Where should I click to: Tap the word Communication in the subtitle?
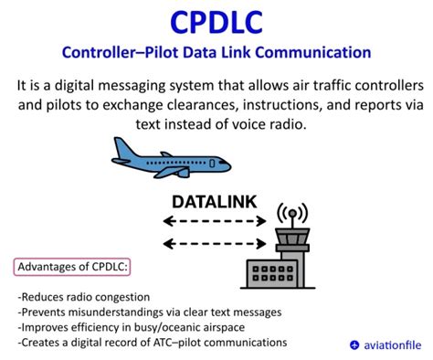pyautogui.click(x=316, y=53)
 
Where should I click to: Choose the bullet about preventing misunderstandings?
pyautogui.click(x=137, y=312)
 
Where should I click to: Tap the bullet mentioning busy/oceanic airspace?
pyautogui.click(x=131, y=327)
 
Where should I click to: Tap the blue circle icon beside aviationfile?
pyautogui.click(x=354, y=344)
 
